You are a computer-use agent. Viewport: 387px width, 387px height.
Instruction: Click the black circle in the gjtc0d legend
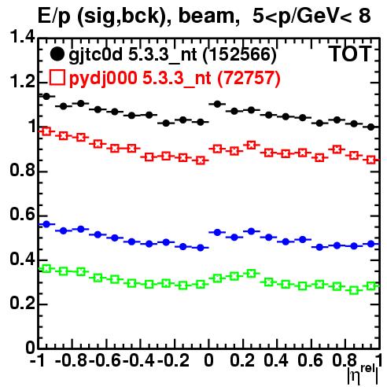pyautogui.click(x=57, y=54)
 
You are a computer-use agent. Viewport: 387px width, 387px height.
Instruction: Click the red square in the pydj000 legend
pyautogui.click(x=57, y=78)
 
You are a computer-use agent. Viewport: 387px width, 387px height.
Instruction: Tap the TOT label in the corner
pyautogui.click(x=350, y=54)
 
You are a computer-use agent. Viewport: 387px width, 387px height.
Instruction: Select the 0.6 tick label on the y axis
pyautogui.click(x=22, y=215)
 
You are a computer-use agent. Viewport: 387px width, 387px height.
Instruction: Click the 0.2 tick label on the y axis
pyautogui.click(x=22, y=303)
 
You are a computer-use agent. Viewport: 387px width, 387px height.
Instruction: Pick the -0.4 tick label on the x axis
pyautogui.click(x=139, y=360)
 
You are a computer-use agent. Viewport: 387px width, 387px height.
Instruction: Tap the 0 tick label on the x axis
pyautogui.click(x=208, y=360)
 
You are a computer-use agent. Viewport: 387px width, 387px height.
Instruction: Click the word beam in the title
pyautogui.click(x=206, y=16)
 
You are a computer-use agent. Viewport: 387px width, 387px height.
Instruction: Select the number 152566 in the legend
pyautogui.click(x=240, y=54)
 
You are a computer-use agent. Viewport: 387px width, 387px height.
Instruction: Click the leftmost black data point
pyautogui.click(x=46, y=97)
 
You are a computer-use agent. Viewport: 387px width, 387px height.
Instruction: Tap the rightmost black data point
pyautogui.click(x=371, y=127)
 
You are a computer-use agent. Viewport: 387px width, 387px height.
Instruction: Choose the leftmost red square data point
pyautogui.click(x=46, y=131)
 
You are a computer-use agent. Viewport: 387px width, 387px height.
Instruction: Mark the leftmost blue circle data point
pyautogui.click(x=46, y=224)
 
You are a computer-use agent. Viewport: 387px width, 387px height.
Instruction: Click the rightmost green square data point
pyautogui.click(x=371, y=286)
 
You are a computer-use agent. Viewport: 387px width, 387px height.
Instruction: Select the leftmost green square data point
pyautogui.click(x=46, y=268)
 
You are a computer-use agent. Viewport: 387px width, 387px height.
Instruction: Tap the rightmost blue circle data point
pyautogui.click(x=371, y=244)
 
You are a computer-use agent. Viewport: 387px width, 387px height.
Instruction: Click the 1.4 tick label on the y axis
pyautogui.click(x=22, y=37)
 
